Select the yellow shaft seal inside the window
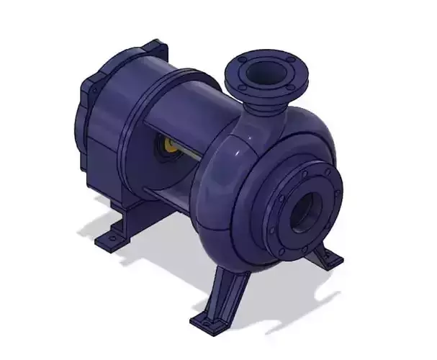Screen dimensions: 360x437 click(x=171, y=146)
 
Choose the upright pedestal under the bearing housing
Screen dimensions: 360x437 click(x=133, y=213)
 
